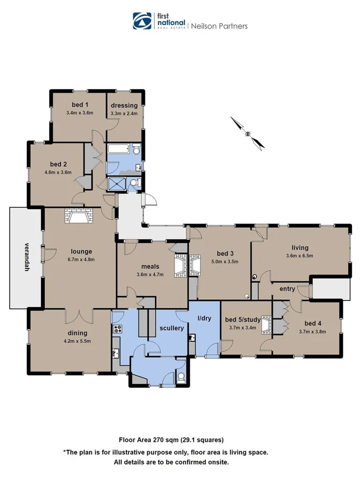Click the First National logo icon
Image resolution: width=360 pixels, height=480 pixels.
(x=142, y=21)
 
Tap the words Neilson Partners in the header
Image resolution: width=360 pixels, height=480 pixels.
(x=219, y=26)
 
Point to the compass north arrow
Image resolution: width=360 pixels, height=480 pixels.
(x=247, y=132)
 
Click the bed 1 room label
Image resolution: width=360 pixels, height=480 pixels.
(x=79, y=105)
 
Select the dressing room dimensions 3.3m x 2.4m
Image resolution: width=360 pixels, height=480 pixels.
(x=124, y=113)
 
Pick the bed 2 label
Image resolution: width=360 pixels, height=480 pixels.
(x=58, y=164)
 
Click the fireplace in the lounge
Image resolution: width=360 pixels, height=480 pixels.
(x=78, y=215)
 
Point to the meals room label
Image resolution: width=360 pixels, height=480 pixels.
(x=150, y=266)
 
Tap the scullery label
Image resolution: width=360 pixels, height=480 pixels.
(x=171, y=328)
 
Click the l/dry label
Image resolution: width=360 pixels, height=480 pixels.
(x=205, y=318)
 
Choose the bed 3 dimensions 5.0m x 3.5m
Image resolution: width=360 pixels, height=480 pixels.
(x=224, y=261)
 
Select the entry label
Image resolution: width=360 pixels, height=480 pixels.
(x=287, y=289)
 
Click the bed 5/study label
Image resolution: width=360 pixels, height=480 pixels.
(x=243, y=319)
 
